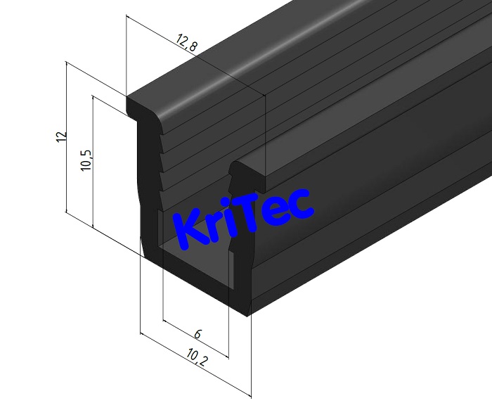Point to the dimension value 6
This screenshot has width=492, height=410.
pos(198,335)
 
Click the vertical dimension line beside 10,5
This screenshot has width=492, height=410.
pos(92,162)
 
